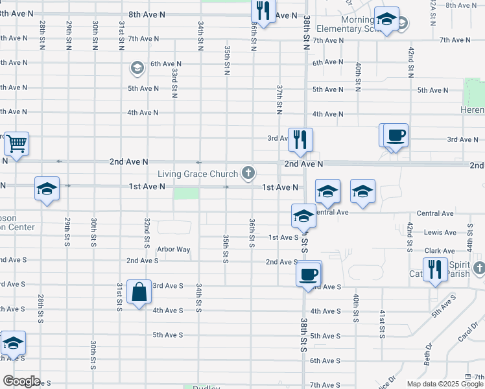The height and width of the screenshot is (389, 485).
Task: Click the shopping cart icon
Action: [x=16, y=143]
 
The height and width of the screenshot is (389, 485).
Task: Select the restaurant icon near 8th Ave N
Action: [x=263, y=10]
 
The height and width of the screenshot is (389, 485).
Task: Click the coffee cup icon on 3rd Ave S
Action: [x=309, y=273]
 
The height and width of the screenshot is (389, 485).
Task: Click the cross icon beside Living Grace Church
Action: [x=247, y=173]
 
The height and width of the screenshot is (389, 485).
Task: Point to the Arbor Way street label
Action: [x=174, y=249]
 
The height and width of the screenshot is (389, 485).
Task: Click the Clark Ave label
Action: [x=440, y=251]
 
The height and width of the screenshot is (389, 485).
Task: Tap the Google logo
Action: [x=21, y=381]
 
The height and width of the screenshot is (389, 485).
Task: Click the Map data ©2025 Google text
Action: [x=444, y=384]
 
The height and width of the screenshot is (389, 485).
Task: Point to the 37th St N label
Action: [x=279, y=95]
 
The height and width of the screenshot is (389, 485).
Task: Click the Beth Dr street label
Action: [x=429, y=354]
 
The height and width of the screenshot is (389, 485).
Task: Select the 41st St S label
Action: [x=381, y=324]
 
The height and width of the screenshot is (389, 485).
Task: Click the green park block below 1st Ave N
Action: [x=186, y=194]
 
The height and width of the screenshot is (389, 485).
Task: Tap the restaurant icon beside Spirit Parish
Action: [x=434, y=269]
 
